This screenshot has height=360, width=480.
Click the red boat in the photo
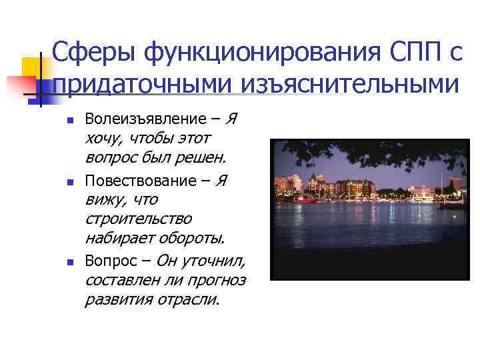tap(305, 199)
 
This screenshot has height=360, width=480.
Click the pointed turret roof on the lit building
tap(313, 177)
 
